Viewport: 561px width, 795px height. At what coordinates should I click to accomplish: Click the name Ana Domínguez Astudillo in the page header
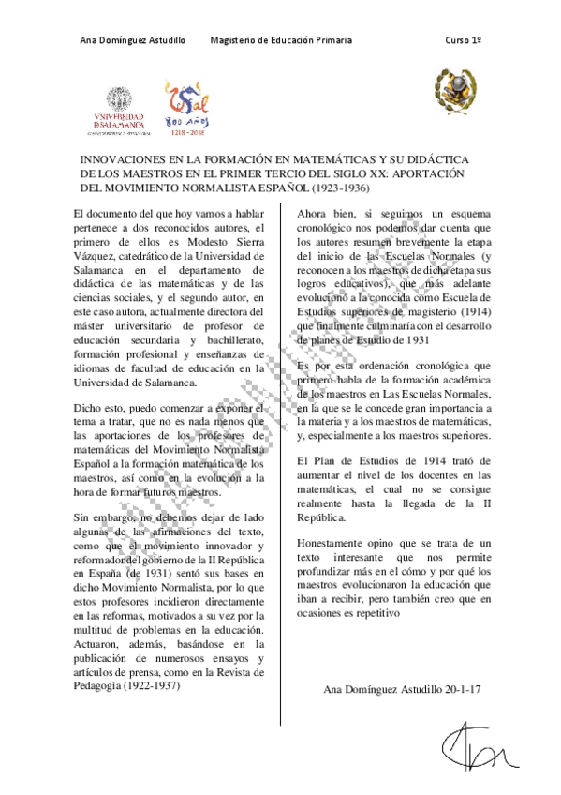(x=132, y=41)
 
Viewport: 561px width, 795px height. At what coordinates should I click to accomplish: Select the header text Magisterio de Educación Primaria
(x=281, y=41)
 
